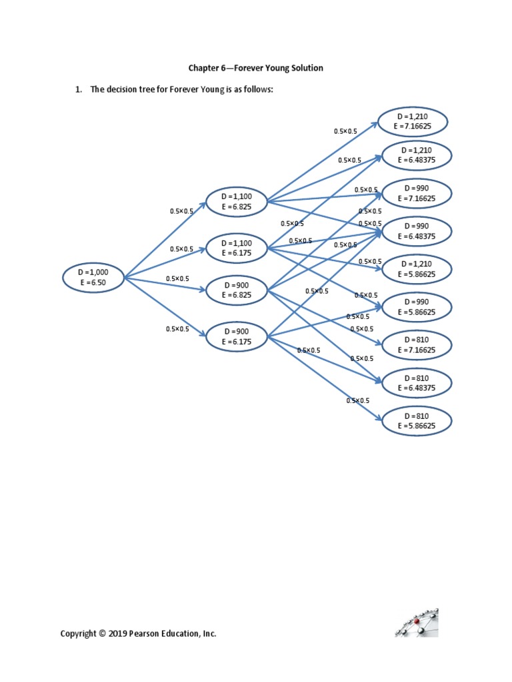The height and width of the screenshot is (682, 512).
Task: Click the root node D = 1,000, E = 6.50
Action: click(x=93, y=277)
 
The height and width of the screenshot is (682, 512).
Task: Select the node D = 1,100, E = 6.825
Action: click(x=237, y=202)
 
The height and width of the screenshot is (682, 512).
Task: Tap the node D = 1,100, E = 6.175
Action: click(x=237, y=248)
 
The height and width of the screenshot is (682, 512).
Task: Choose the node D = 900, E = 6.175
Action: click(x=237, y=336)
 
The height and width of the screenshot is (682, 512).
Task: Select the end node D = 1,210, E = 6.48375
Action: click(x=417, y=155)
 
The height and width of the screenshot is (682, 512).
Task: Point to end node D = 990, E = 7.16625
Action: click(x=417, y=193)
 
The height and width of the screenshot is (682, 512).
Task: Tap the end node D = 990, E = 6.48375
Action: click(x=417, y=231)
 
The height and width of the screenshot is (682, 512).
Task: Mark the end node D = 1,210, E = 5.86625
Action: click(x=417, y=268)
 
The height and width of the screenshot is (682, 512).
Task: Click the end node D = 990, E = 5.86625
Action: click(x=417, y=306)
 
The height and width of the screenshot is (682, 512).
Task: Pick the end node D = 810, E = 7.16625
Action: click(x=417, y=344)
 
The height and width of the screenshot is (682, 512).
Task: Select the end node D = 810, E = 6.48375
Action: click(x=417, y=382)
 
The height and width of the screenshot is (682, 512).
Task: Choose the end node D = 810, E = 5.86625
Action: click(x=417, y=420)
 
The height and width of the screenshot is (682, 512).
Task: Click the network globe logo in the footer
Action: click(x=417, y=623)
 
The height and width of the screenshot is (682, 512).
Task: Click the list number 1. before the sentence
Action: click(x=79, y=91)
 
